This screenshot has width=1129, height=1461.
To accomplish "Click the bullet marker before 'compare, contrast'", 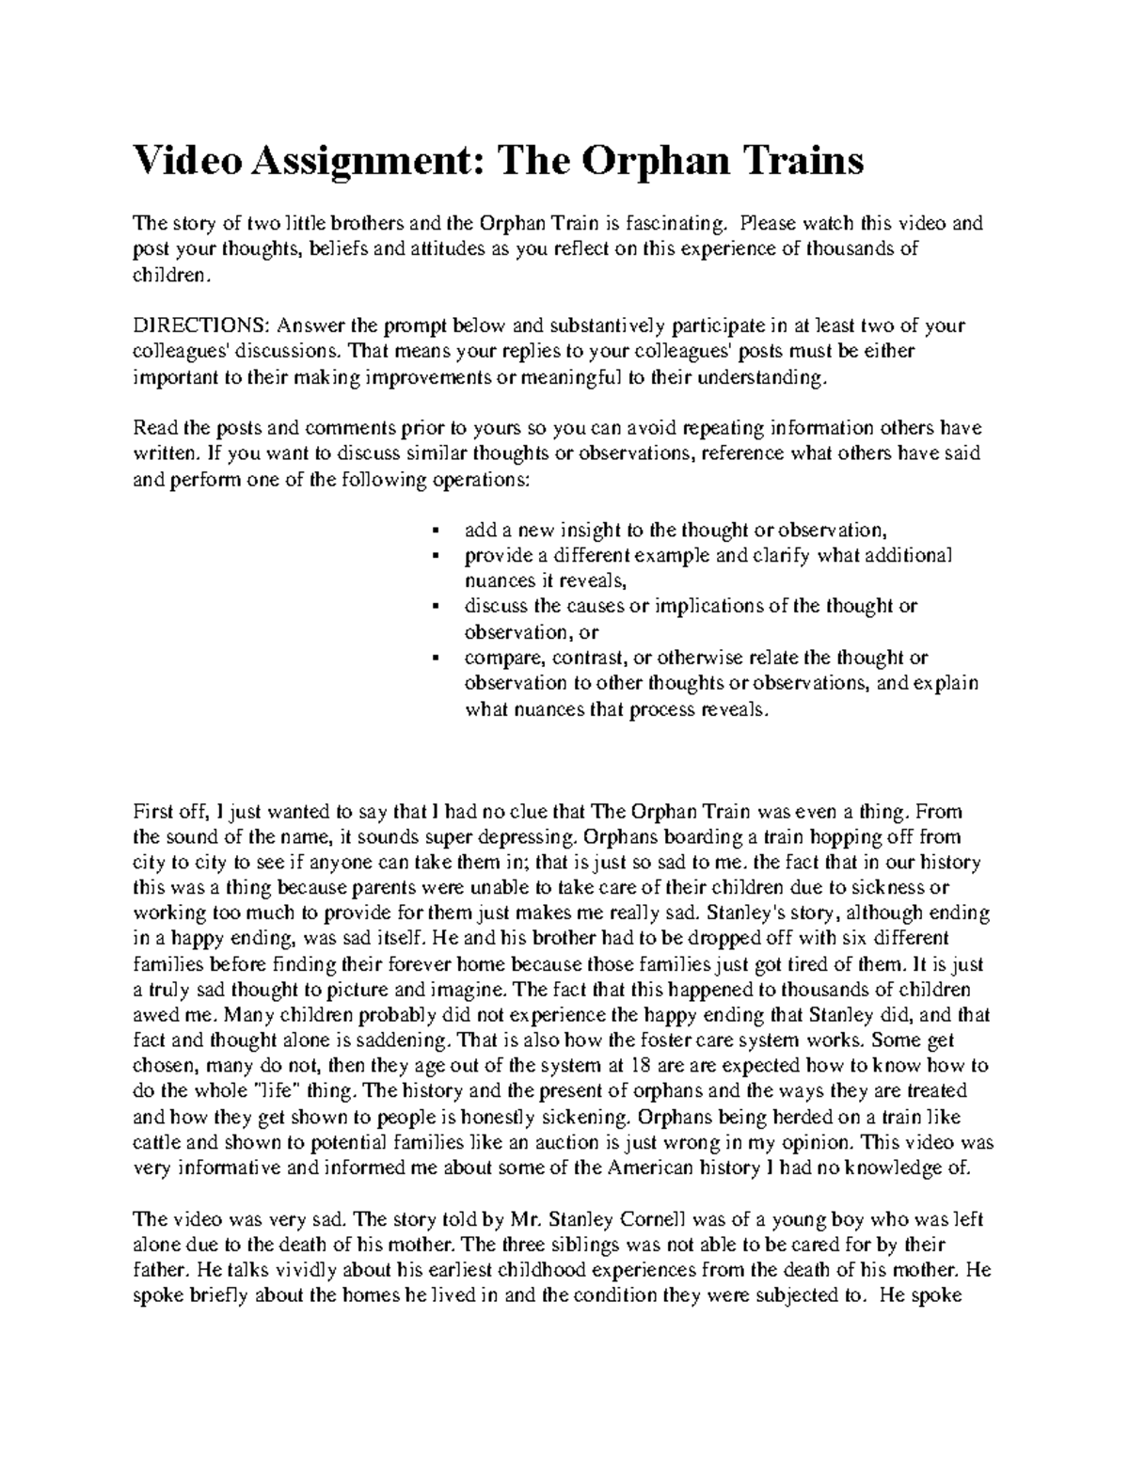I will pos(435,658).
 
